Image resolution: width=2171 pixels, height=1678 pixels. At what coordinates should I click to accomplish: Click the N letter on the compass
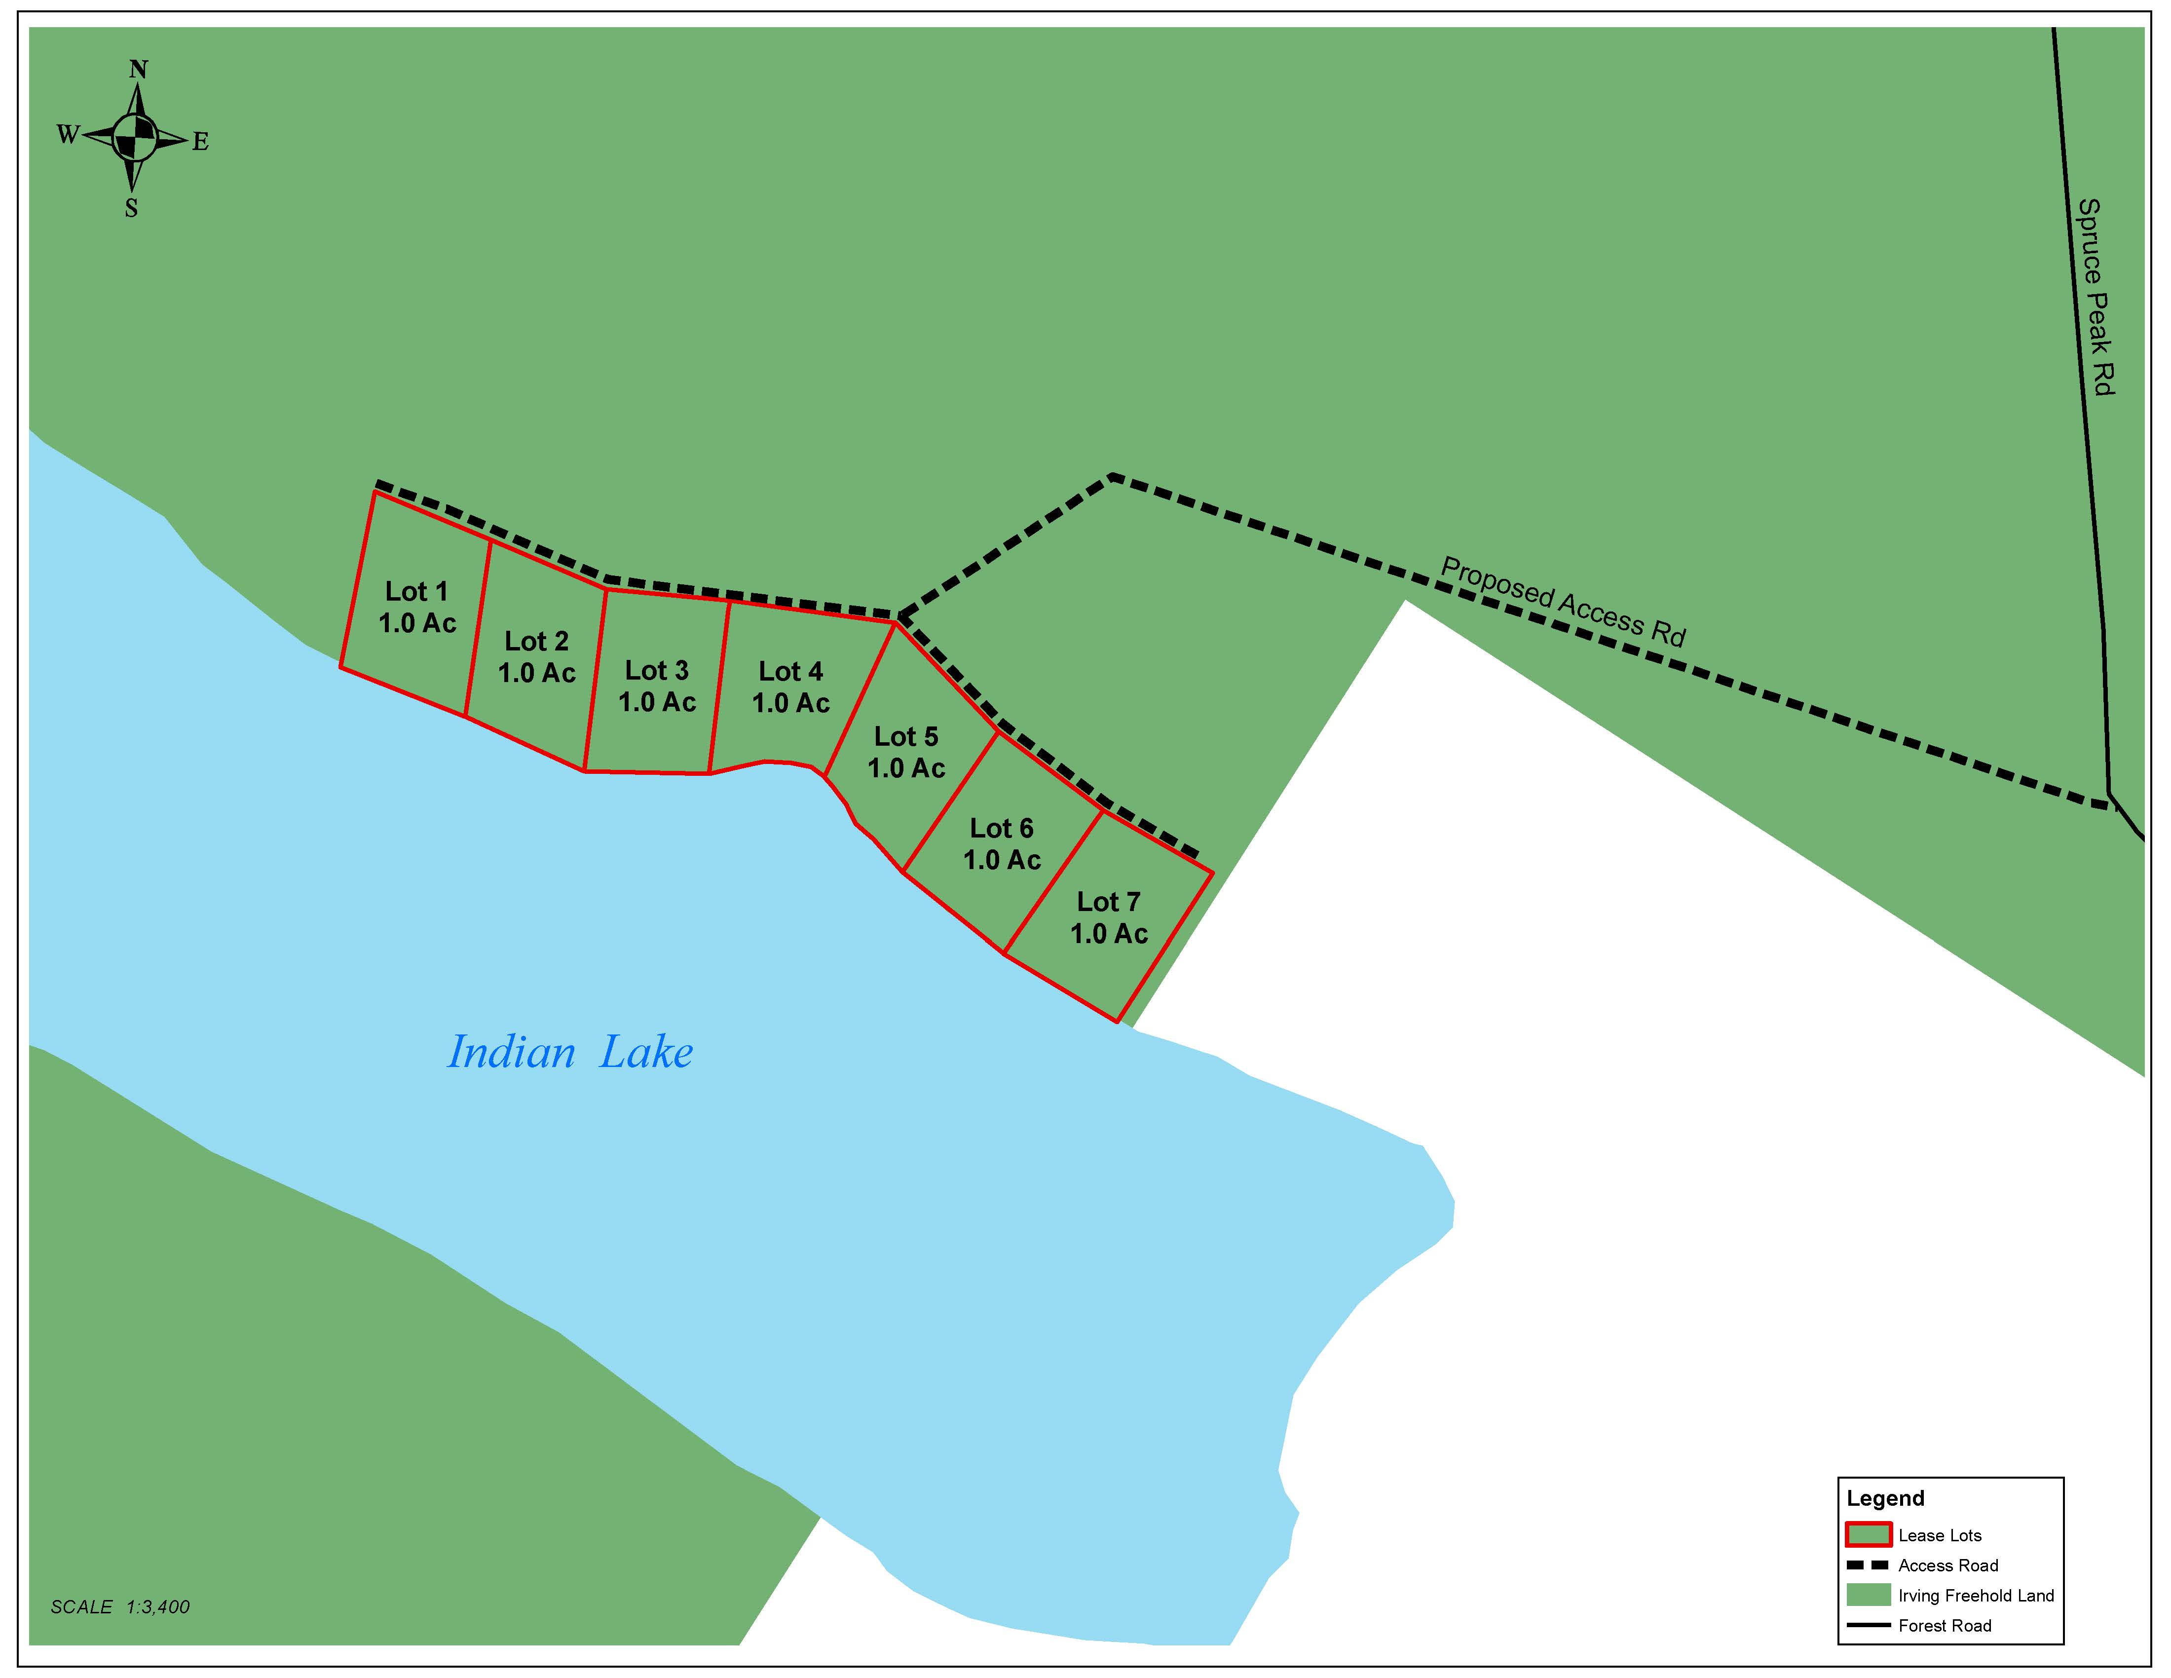pyautogui.click(x=138, y=70)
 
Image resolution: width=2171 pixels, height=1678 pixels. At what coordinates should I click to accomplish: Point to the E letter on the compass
pyautogui.click(x=201, y=142)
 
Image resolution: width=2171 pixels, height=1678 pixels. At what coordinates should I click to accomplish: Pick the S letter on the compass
pyautogui.click(x=131, y=209)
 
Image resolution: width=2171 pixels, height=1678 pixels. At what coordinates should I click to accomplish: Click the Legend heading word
pyautogui.click(x=1885, y=1498)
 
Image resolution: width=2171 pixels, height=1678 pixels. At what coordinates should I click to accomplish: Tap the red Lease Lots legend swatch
pyautogui.click(x=1868, y=1535)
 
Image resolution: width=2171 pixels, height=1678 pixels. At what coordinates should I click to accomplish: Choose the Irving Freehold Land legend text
pyautogui.click(x=1975, y=1596)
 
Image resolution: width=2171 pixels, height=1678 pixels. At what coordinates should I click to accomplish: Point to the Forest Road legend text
pyautogui.click(x=1945, y=1625)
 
